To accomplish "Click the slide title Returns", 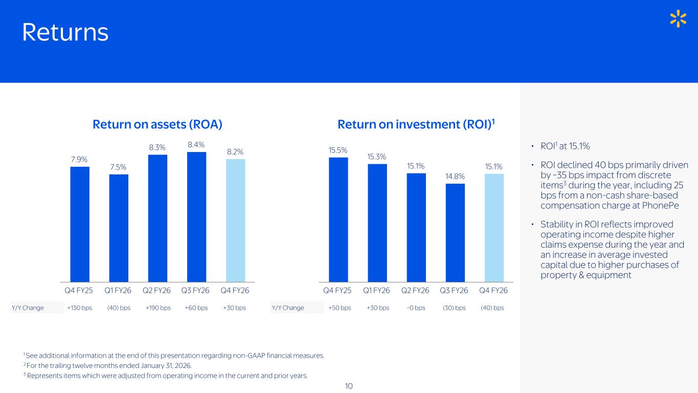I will (65, 33).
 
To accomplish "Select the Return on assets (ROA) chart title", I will (157, 124).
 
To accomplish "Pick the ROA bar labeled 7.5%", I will (119, 228).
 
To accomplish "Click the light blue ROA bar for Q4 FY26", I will (235, 220).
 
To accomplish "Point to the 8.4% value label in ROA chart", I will (196, 145).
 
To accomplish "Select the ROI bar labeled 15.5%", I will (338, 219).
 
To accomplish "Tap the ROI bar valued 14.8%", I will (455, 232).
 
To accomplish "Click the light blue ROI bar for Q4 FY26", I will (494, 228).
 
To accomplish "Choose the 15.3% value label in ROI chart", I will (377, 157).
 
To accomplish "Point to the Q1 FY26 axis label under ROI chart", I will (377, 291).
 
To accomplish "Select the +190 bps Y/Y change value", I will (158, 308).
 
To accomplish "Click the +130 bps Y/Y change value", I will (80, 308).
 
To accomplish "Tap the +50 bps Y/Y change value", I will (340, 308).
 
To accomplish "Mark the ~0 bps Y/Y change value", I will (416, 308).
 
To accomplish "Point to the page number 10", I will (349, 386).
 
